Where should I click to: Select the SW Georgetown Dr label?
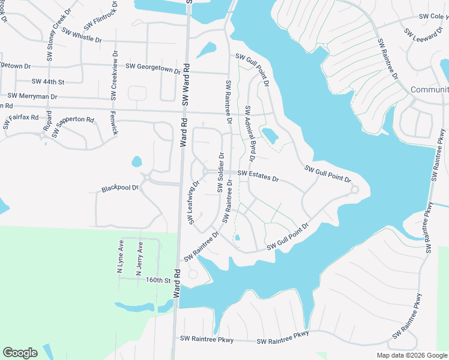coord(152,67)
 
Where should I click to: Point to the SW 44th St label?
coord(48,81)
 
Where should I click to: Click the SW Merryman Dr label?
coord(32,95)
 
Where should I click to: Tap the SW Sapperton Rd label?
coord(73,127)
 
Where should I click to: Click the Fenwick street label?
coord(113,123)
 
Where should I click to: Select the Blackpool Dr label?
coord(119,188)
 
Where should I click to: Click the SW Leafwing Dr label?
coord(193,203)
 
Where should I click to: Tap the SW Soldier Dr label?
coord(220,173)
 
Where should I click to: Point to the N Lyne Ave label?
coord(120,257)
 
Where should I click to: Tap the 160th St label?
coord(158,280)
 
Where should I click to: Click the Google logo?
coord(20,353)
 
